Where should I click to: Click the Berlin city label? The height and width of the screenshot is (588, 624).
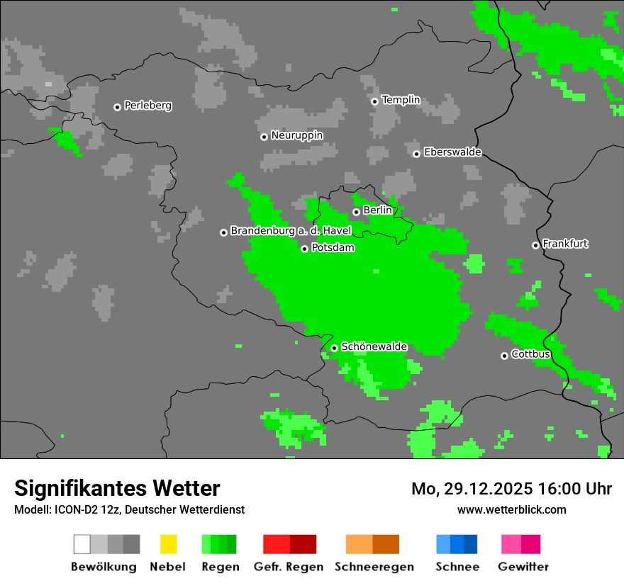377,210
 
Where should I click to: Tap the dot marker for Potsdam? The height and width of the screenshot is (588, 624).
304,249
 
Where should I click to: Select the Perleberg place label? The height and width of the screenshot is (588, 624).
147,106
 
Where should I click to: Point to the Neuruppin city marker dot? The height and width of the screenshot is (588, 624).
264,137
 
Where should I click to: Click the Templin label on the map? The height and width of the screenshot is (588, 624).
401,100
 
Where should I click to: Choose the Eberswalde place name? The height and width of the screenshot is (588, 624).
452,152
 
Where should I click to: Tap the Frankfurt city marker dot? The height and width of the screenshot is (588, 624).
535,245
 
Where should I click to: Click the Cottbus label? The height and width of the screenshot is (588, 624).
530,354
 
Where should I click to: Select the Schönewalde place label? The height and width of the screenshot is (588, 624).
374,346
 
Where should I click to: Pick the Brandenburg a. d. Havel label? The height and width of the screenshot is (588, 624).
291,231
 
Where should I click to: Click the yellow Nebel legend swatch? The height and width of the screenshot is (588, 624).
168,544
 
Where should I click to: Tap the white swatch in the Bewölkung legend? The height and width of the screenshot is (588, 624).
82,544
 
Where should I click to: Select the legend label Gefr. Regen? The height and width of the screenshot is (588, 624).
289,567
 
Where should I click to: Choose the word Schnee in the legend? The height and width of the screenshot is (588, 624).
457,567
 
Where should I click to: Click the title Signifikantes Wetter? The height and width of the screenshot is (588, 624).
117,488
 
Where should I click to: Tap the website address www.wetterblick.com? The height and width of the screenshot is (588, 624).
511,509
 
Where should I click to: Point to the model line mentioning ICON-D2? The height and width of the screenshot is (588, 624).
129,509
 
